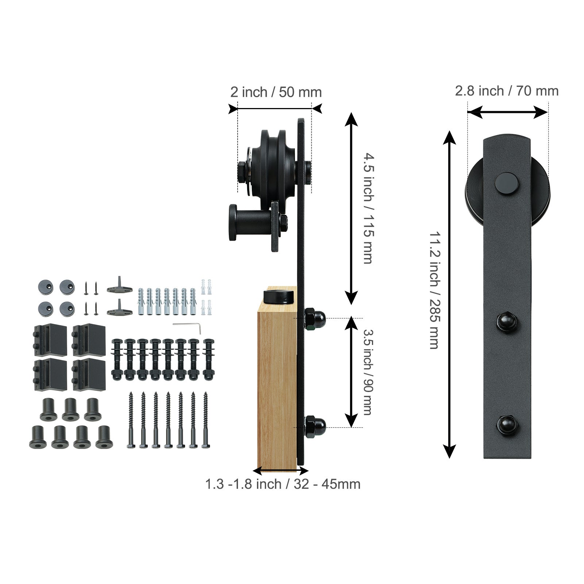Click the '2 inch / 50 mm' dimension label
[x=276, y=92]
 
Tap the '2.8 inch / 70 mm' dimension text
[x=507, y=91]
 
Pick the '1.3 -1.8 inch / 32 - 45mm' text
[x=283, y=484]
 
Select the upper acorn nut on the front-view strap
[x=507, y=321]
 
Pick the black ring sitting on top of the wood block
[x=279, y=296]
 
